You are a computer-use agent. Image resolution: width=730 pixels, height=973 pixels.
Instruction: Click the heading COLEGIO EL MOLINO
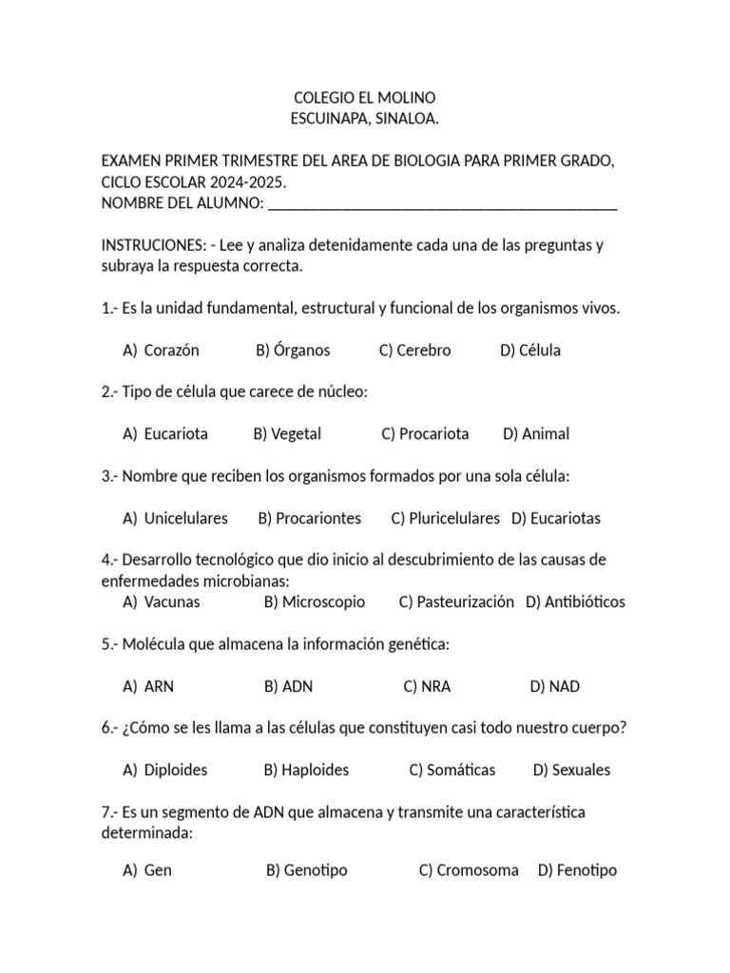pyautogui.click(x=365, y=98)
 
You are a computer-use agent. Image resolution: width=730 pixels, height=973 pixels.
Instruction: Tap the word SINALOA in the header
pyautogui.click(x=407, y=119)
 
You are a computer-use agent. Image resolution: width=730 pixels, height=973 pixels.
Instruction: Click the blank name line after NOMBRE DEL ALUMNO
pyautogui.click(x=443, y=203)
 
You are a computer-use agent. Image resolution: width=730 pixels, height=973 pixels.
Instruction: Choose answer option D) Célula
pyautogui.click(x=530, y=351)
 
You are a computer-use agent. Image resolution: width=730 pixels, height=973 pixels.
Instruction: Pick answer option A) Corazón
pyautogui.click(x=162, y=351)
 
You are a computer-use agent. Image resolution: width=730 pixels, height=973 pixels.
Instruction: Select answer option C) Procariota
pyautogui.click(x=425, y=434)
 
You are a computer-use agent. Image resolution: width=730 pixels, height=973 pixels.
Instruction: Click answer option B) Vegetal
pyautogui.click(x=287, y=434)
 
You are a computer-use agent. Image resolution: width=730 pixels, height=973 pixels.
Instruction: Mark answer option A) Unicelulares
pyautogui.click(x=176, y=518)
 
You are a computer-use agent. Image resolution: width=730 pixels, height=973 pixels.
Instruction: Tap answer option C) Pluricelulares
pyautogui.click(x=445, y=518)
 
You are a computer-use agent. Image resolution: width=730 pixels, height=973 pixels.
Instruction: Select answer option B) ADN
pyautogui.click(x=289, y=686)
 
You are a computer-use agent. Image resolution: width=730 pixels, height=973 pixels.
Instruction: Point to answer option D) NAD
pyautogui.click(x=555, y=686)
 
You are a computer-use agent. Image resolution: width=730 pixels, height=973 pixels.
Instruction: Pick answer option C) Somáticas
pyautogui.click(x=452, y=770)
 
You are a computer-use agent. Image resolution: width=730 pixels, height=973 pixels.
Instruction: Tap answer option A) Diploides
pyautogui.click(x=165, y=770)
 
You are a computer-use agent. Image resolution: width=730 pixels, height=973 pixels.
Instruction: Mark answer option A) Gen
pyautogui.click(x=148, y=870)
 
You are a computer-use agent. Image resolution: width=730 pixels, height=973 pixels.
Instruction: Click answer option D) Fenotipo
pyautogui.click(x=577, y=870)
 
